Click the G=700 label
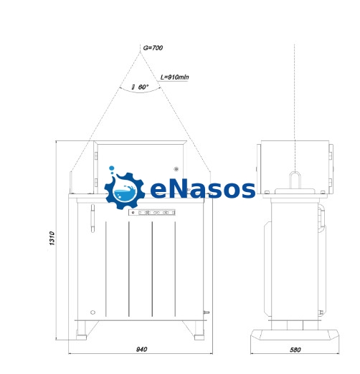[x=153, y=48]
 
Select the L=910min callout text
[x=174, y=77]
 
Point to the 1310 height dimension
[x=52, y=238]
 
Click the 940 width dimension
[x=141, y=350]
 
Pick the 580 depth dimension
[x=295, y=350]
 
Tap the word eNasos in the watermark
[x=203, y=190]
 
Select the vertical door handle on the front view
[x=93, y=219]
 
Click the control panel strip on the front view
[x=152, y=212]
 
